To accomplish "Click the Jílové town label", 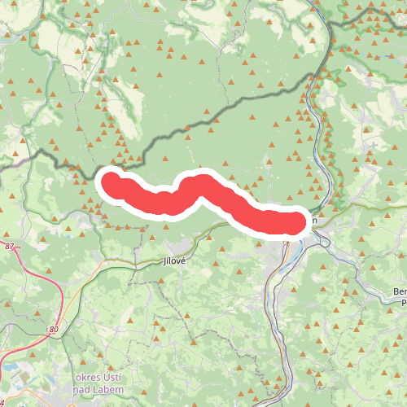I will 174,261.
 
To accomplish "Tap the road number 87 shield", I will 9,247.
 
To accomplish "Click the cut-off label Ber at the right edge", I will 399,291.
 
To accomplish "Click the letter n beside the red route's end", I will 313,220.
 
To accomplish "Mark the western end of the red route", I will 110,181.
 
